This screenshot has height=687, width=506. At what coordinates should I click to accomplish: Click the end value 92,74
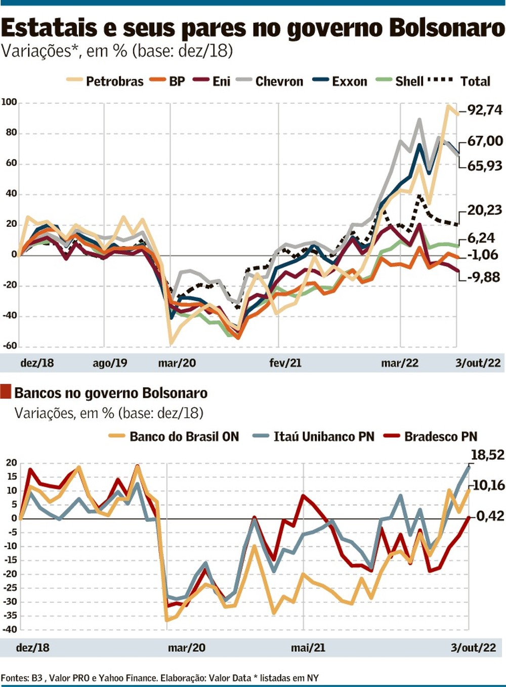click(x=485, y=110)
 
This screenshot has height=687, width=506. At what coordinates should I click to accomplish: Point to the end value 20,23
click(x=484, y=210)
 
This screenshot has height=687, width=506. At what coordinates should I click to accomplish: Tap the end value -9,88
click(x=484, y=277)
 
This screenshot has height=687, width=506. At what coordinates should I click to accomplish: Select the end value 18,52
click(x=487, y=455)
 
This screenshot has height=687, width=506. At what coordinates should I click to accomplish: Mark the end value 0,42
click(x=490, y=516)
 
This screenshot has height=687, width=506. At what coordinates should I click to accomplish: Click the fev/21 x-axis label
click(x=285, y=363)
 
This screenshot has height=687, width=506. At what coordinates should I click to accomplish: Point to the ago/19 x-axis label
click(x=110, y=363)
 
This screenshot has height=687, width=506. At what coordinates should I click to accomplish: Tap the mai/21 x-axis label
click(x=308, y=648)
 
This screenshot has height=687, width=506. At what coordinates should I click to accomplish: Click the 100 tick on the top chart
click(x=9, y=102)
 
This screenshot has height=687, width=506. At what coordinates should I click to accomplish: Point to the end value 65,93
click(x=484, y=166)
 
